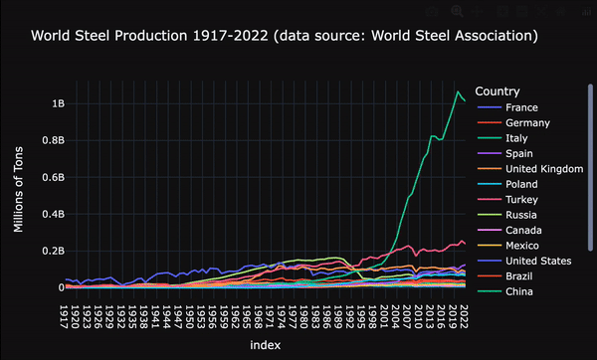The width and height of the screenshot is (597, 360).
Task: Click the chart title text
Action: pos(285,36)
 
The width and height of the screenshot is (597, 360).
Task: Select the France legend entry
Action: pos(521,107)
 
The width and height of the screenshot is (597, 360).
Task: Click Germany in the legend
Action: pos(528,122)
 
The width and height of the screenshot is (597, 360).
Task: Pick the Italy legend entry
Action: pos(517,138)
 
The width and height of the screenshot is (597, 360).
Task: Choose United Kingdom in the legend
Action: pos(543,169)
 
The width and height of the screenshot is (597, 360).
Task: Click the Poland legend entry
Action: pos(521,184)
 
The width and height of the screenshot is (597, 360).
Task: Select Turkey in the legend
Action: pos(521,200)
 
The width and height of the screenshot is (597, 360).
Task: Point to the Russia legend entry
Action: pos(521,215)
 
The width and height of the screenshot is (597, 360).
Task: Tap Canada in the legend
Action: pos(523,231)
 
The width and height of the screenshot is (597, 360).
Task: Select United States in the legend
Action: pos(537,261)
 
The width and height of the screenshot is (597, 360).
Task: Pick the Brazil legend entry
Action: pos(519,276)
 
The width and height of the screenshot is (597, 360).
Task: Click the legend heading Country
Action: pos(497,90)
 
